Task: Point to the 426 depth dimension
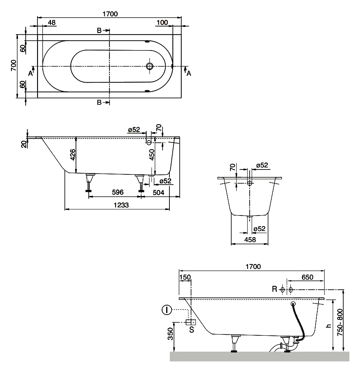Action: [x=72, y=155]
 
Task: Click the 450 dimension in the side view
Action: [x=151, y=156]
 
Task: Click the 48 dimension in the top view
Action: [x=52, y=23]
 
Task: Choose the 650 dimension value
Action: [x=307, y=277]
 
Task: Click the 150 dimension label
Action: [x=185, y=277]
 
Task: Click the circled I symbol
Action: [x=166, y=311]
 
